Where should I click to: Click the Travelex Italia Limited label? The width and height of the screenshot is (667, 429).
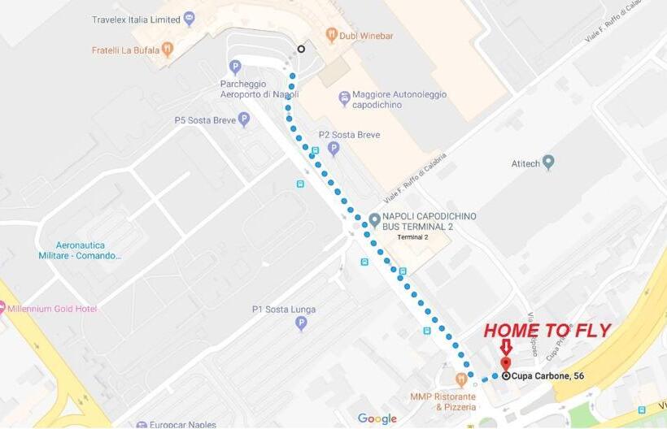coord(137,19)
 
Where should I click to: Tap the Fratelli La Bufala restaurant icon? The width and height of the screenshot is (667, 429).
coord(168,50)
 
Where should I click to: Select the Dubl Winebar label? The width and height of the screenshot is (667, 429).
coord(366,35)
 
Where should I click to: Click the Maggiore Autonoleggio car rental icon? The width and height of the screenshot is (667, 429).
coord(345,99)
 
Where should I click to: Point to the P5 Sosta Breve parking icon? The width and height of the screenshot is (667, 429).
coord(244,119)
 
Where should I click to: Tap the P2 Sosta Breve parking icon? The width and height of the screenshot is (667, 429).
coord(333,149)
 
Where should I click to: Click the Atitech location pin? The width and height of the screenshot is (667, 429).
coord(547,162)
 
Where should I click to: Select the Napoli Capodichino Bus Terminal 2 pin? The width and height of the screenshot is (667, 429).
coord(374,220)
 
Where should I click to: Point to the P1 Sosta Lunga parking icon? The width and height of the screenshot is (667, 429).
coord(302,323)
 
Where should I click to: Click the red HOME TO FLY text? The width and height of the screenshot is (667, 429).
coord(547,331)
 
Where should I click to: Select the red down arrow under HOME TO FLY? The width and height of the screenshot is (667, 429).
coord(506,347)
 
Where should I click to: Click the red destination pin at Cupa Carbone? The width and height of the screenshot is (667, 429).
coord(505,364)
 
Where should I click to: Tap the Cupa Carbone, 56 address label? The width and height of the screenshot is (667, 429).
coord(547,375)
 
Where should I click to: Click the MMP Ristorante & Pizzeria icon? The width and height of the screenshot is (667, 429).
coord(461,379)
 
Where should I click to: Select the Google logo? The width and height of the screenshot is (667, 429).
coord(377,418)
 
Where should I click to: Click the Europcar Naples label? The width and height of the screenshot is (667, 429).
coord(181,424)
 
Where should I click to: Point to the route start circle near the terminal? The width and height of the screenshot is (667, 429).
coord(302,49)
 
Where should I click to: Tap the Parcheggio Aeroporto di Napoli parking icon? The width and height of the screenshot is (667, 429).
coord(235,67)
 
